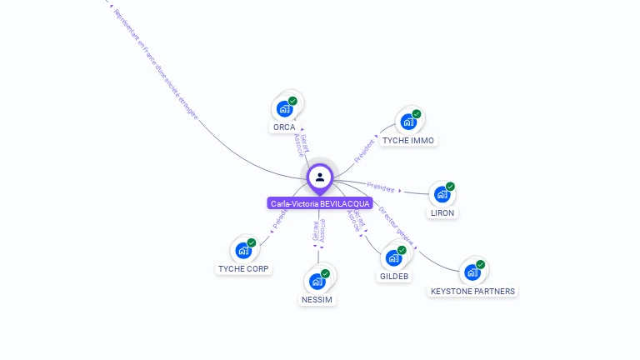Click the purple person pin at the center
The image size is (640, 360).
coord(320,177)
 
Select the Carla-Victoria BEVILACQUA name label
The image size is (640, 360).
coord(320,203)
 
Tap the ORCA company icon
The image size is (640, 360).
coord(285,108)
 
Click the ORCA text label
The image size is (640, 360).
coord(284,127)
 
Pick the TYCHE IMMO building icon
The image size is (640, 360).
coord(408,122)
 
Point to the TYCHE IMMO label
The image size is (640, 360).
coord(408,141)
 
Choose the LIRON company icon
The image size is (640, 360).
coord(442,194)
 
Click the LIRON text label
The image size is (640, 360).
coord(442,213)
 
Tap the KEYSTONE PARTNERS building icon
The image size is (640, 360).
coord(472,272)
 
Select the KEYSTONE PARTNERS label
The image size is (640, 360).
coord(472,292)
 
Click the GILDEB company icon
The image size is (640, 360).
coord(393,257)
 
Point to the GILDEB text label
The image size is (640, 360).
coord(394,277)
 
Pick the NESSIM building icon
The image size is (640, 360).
coord(317,281)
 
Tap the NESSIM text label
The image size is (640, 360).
coord(317,300)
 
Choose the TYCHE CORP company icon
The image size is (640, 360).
coord(243,250)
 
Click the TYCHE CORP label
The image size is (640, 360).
coord(243,269)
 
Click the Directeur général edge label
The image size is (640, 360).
coord(396,223)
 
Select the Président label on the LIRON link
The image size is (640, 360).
coord(381,187)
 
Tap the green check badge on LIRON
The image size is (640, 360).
coord(450,187)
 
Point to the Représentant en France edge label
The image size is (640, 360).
coord(155,63)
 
